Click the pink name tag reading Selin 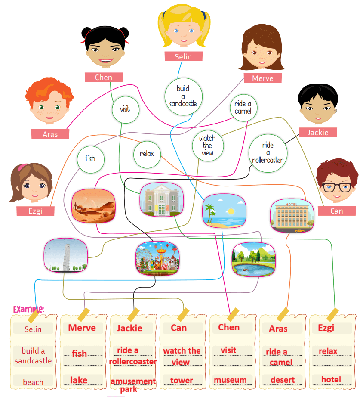[183, 56]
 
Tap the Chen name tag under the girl [103, 78]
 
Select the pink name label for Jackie [318, 133]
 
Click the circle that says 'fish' [90, 158]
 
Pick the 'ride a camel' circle [243, 108]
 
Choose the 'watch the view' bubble [207, 146]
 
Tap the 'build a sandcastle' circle [183, 96]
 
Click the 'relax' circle [147, 154]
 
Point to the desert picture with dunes [93, 205]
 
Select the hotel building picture [292, 215]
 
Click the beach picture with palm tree [225, 210]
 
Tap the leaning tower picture [65, 255]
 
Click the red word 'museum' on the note [230, 380]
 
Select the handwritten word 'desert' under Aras [283, 380]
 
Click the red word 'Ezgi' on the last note [326, 328]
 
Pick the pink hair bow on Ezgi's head [24, 166]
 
